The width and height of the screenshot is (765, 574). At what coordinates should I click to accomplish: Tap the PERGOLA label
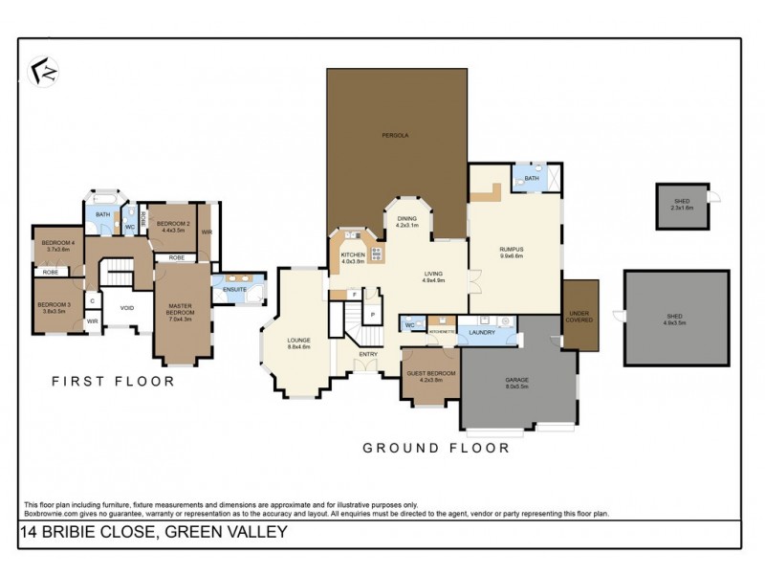point(398,136)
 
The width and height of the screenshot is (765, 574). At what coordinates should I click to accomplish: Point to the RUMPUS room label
point(512,252)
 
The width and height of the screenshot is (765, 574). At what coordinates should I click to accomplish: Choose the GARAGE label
point(517,381)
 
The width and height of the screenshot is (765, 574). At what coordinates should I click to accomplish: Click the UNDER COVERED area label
point(579,315)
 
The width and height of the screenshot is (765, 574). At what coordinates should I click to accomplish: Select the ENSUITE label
point(234,289)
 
